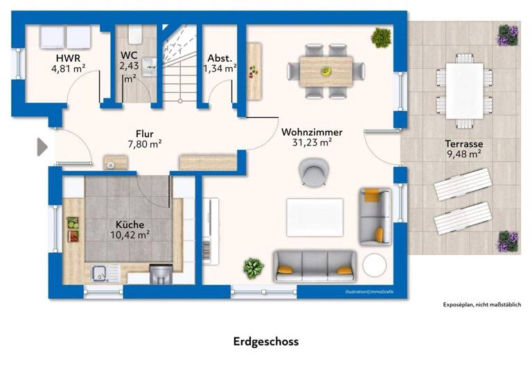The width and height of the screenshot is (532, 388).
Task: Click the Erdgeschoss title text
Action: [x=266, y=342]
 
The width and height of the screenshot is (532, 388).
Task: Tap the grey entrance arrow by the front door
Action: [x=42, y=146]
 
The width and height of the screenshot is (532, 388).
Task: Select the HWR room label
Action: [x=68, y=58]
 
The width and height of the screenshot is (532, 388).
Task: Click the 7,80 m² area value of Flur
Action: [x=144, y=144]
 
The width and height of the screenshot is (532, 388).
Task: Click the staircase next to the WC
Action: [x=179, y=66]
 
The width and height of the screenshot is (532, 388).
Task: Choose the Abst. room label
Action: [x=220, y=58]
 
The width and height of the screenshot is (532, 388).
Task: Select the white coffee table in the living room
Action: [x=315, y=217]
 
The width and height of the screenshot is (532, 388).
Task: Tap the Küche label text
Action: [x=130, y=224]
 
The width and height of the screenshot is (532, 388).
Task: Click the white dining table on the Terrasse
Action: [x=464, y=90]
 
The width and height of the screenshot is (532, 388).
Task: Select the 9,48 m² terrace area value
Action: [x=463, y=155]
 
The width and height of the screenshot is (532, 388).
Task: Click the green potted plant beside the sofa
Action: [x=254, y=267]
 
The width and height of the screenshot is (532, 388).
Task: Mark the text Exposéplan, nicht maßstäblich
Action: [x=481, y=304]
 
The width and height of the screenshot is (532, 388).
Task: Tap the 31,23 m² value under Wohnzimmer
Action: [x=312, y=142]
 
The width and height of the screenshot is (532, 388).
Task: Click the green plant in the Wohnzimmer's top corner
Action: [x=380, y=37]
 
